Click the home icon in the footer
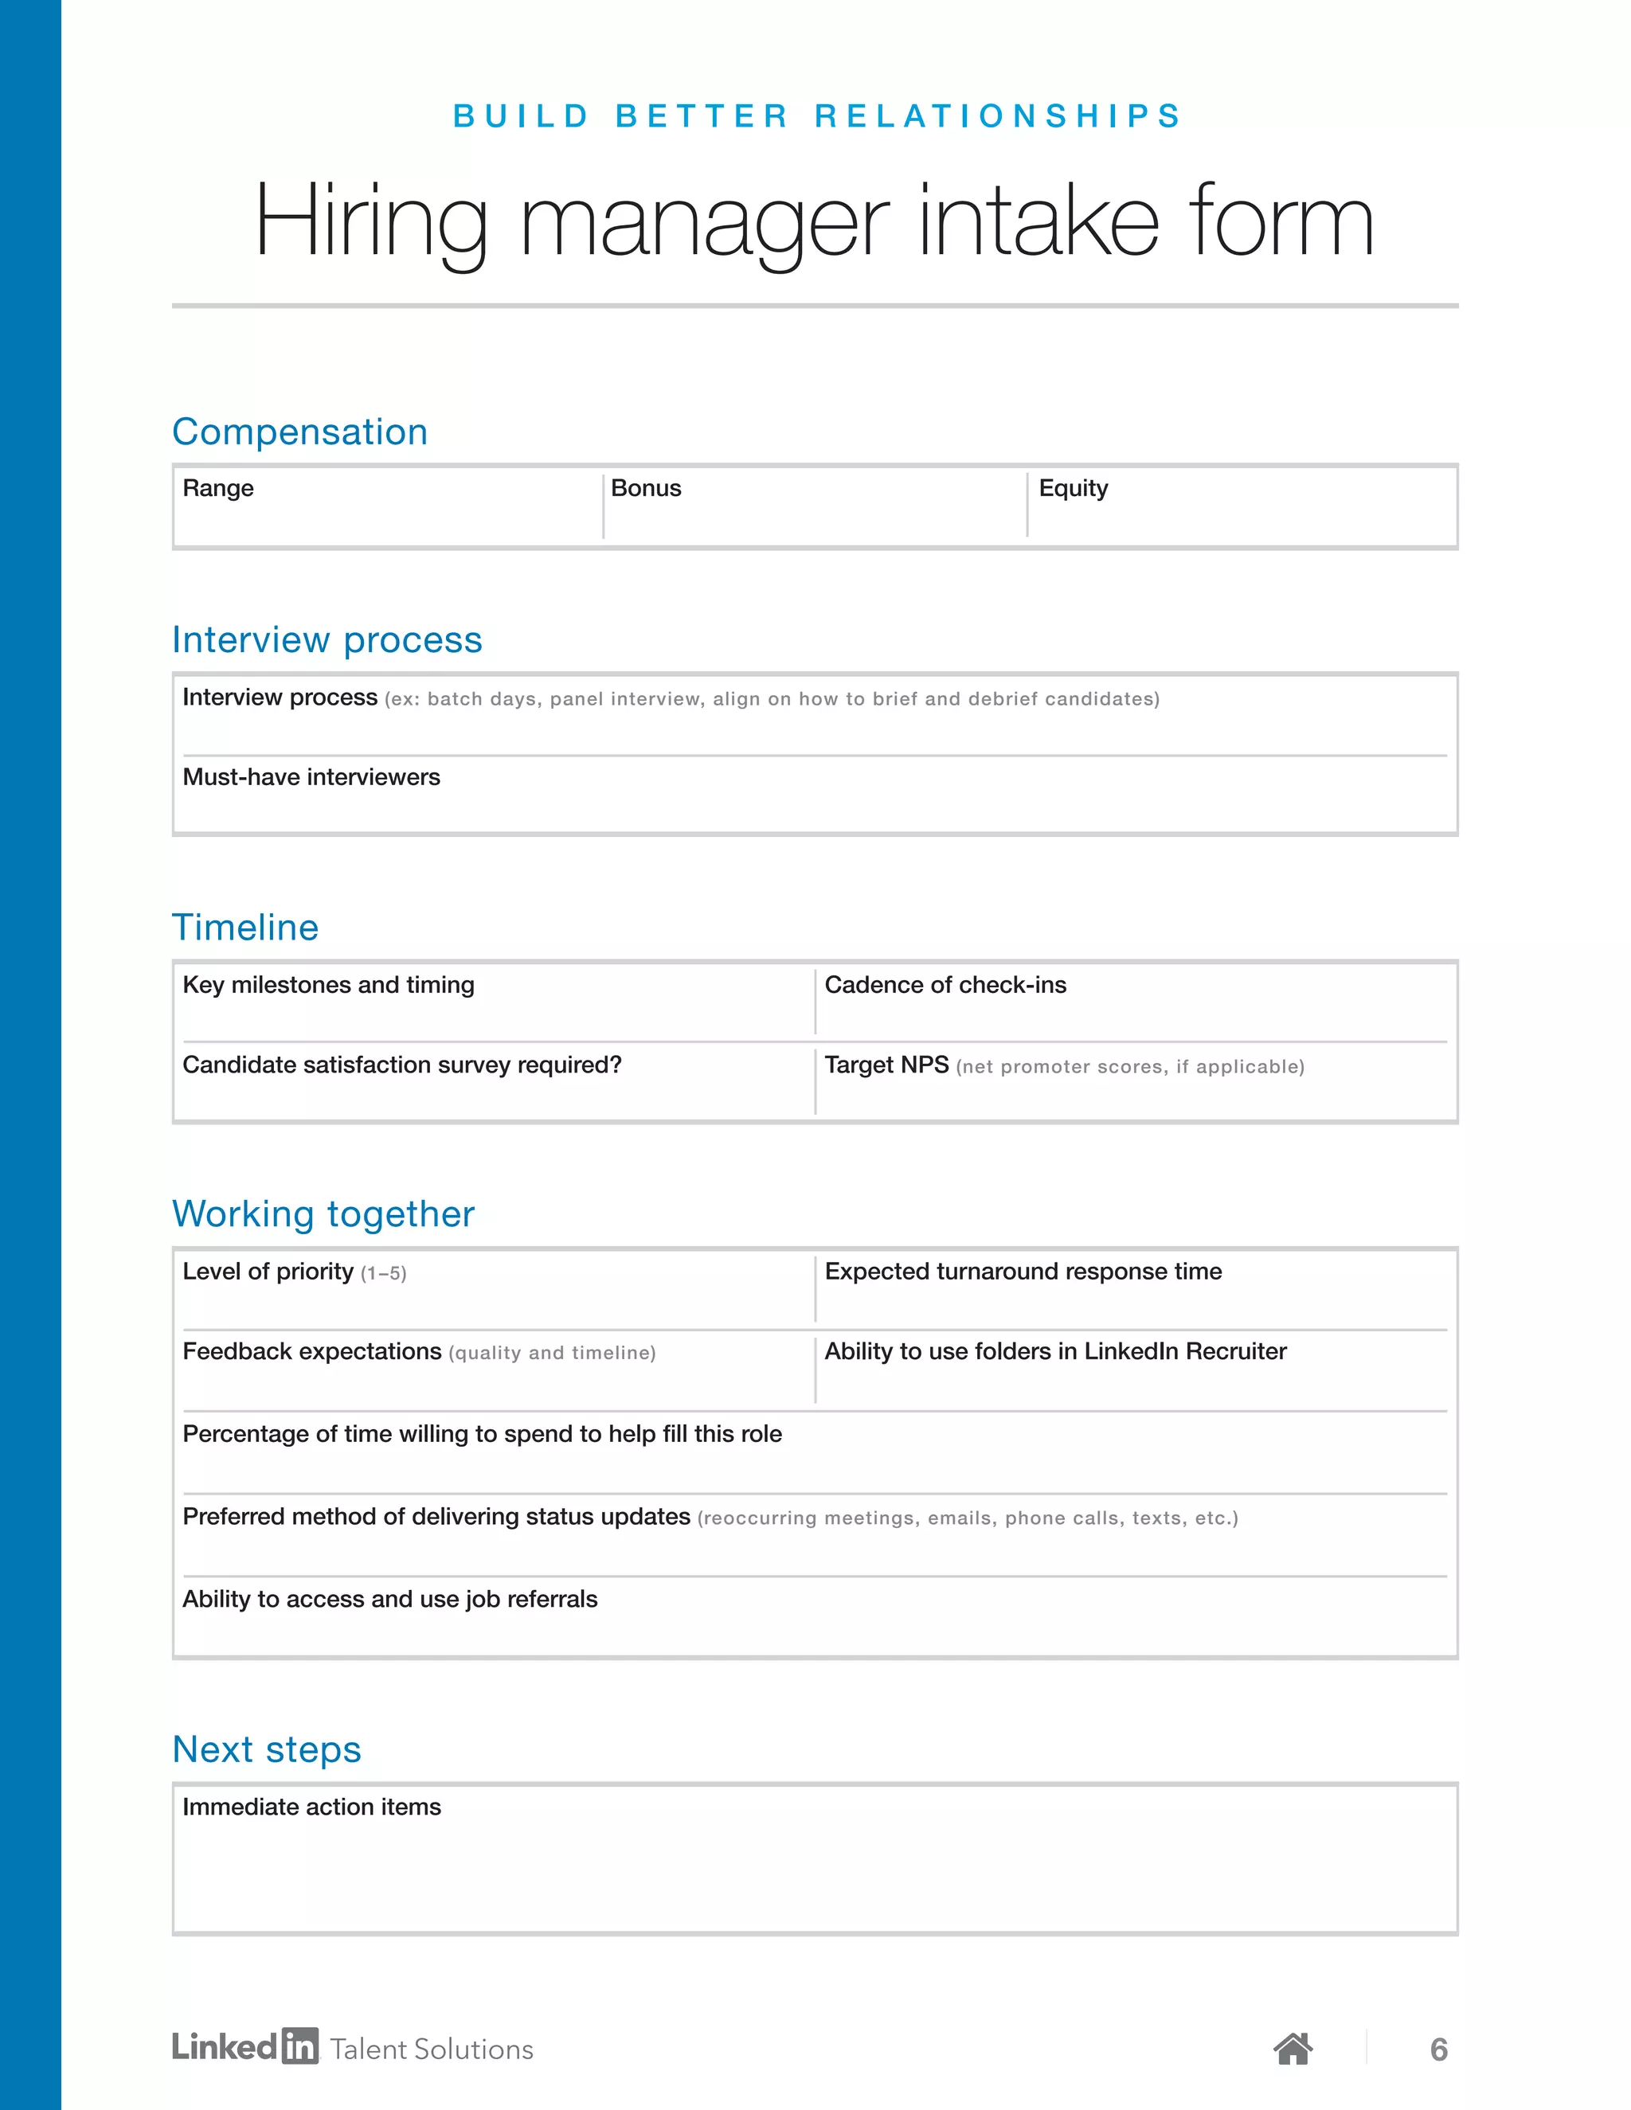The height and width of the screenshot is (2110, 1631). click(x=1293, y=2048)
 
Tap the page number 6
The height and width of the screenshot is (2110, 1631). click(x=1439, y=2049)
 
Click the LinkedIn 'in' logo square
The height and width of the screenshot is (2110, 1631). click(x=299, y=2046)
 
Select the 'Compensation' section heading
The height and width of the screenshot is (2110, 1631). click(x=299, y=432)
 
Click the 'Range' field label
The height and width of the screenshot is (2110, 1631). click(x=218, y=489)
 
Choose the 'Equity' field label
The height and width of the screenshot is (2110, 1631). click(x=1073, y=489)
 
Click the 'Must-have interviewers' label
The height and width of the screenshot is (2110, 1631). click(x=311, y=777)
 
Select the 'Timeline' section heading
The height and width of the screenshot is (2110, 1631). click(x=245, y=928)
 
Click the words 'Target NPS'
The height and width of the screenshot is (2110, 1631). click(x=886, y=1065)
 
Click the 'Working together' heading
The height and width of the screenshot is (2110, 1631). click(x=323, y=1214)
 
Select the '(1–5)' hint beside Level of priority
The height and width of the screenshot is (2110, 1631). click(x=384, y=1274)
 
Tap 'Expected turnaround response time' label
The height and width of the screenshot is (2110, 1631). click(x=1023, y=1272)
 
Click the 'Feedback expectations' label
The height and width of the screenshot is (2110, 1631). click(x=311, y=1352)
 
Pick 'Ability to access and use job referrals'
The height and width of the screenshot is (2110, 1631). click(x=390, y=1599)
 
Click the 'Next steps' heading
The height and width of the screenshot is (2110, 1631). click(x=267, y=1749)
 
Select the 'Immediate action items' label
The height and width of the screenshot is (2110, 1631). click(x=311, y=1807)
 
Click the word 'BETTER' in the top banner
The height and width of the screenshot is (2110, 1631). click(x=702, y=116)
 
